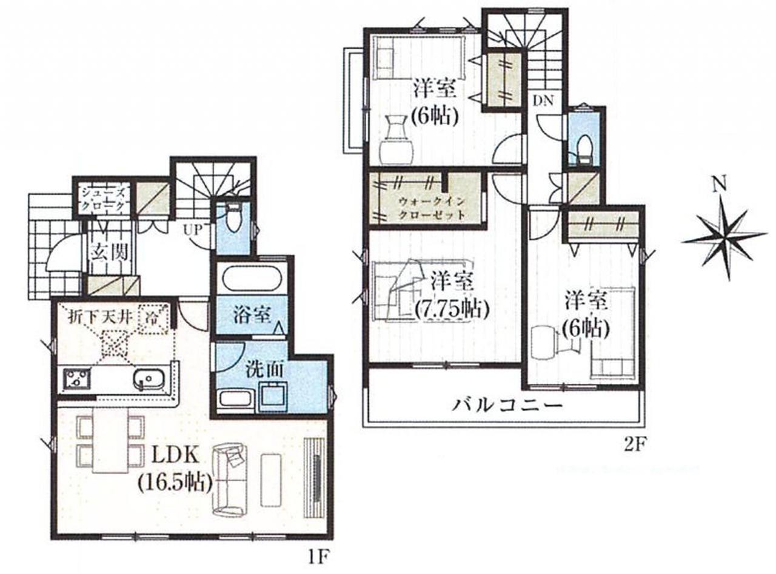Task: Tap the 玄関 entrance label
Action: (109, 251)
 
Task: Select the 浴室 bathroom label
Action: (252, 316)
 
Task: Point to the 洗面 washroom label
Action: (264, 370)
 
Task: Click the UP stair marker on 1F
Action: (193, 229)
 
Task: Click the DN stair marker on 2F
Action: (543, 101)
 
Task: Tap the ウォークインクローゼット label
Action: (432, 208)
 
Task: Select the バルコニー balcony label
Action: (508, 406)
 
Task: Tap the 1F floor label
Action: (318, 566)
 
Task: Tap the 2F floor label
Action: (634, 446)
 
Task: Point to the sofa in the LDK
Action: (229, 478)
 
